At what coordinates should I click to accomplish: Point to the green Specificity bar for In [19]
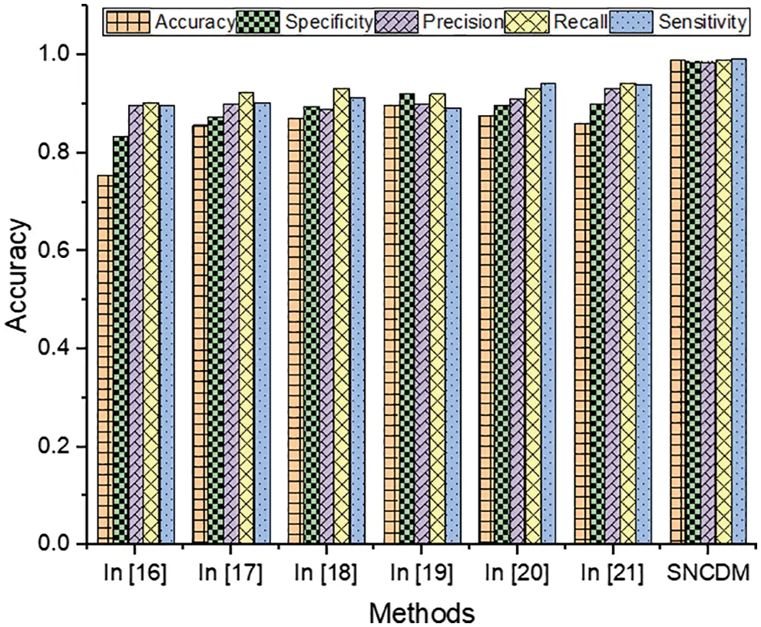(x=406, y=318)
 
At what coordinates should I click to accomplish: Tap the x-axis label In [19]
(x=422, y=573)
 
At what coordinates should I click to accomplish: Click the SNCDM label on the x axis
(x=708, y=573)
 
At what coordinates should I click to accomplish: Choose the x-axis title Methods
(x=421, y=612)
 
